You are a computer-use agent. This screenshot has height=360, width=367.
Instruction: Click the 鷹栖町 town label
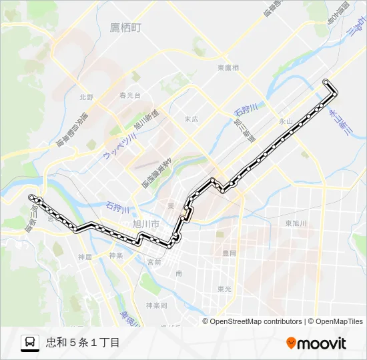(127, 28)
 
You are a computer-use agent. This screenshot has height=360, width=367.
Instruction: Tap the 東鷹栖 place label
(228, 68)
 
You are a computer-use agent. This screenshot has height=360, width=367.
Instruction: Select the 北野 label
(87, 97)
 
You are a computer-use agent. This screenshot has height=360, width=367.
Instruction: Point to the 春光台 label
(130, 95)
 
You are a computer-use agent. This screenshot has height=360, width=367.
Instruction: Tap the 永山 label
(286, 121)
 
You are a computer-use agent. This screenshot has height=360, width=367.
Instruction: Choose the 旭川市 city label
(145, 224)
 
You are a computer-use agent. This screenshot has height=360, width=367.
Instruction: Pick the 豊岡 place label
(229, 253)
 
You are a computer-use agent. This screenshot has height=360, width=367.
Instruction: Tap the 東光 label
(224, 289)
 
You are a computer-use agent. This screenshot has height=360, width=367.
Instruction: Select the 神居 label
(85, 257)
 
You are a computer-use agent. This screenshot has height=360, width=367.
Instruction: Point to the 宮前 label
(153, 262)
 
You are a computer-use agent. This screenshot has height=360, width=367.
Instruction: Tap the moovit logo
(316, 343)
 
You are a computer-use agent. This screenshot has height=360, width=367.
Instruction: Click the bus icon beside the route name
(30, 343)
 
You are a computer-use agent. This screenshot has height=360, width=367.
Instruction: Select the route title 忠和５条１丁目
(83, 343)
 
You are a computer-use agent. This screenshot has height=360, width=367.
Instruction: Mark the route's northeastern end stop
(326, 82)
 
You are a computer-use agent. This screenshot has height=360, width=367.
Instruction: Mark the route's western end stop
(31, 197)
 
